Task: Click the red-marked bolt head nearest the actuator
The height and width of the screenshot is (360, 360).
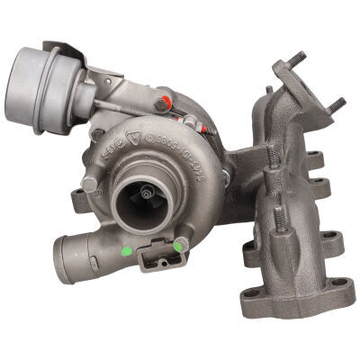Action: click(163, 103)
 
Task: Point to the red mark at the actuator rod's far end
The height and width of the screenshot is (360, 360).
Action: click(210, 130)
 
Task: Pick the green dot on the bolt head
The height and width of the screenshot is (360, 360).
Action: click(180, 242)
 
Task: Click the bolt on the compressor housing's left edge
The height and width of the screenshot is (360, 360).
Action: click(89, 184)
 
